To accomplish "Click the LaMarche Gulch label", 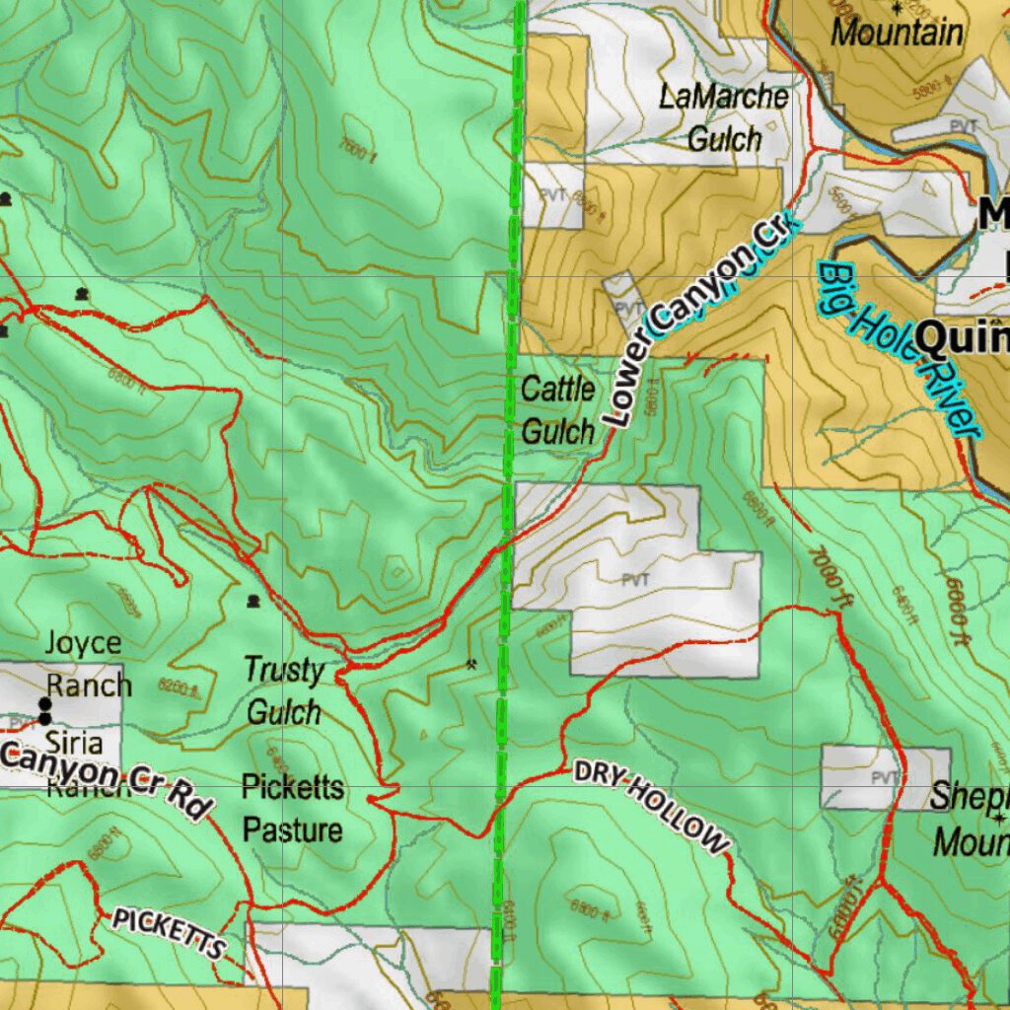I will pos(724,117).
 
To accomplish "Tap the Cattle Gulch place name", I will pos(557,409).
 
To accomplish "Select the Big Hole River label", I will pos(898,348).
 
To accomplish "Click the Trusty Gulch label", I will pos(284,690).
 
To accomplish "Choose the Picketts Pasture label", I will pos(293,809).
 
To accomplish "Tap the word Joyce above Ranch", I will pos(84,644).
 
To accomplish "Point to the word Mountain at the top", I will pos(897,32).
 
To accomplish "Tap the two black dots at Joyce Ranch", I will pos(44,710).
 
